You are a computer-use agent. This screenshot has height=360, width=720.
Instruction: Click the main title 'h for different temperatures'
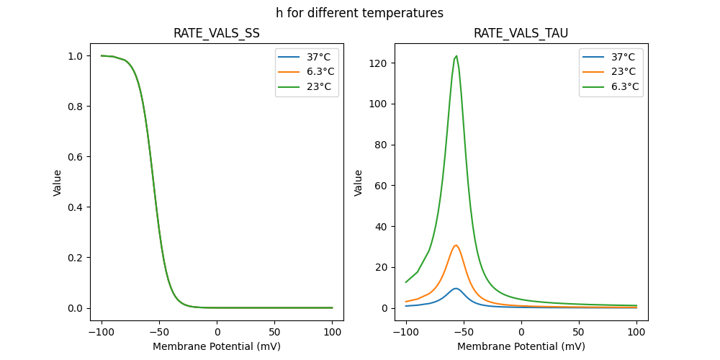coord(359,13)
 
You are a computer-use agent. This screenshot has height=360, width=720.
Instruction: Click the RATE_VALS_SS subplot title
coord(217,33)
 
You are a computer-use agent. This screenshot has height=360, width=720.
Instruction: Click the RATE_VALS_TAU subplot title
coord(521,33)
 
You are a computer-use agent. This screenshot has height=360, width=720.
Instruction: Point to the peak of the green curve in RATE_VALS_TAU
coord(456,56)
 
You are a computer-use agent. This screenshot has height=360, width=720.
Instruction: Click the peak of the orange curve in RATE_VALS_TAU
coord(456,246)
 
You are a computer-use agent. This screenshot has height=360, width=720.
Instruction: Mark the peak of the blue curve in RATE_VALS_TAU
coord(456,289)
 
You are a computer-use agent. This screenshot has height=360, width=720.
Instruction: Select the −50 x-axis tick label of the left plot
coord(159,332)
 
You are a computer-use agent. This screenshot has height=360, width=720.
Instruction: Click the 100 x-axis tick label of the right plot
coord(636,332)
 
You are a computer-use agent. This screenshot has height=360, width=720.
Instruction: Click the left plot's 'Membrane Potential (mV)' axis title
coord(217,346)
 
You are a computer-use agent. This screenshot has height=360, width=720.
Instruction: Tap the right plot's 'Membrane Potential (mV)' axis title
coord(521,346)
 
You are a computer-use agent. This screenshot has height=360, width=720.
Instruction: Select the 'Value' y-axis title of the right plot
coord(359,183)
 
